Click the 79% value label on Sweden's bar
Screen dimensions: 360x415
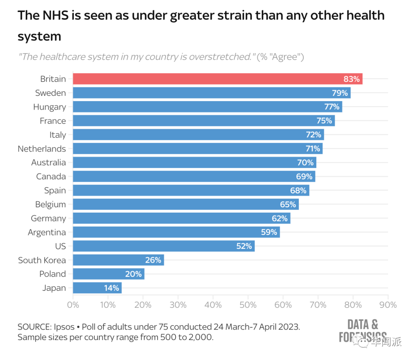tap(340, 93)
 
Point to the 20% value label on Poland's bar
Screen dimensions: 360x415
tap(133, 274)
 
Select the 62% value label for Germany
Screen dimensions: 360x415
tap(279, 218)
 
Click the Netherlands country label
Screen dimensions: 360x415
tap(42, 149)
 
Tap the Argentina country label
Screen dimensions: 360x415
tap(47, 232)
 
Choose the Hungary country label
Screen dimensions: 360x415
tap(50, 107)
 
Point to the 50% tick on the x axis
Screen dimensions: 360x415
tap(248, 305)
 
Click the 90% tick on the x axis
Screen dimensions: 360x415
tap(388, 305)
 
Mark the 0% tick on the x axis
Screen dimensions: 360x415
tap(73, 305)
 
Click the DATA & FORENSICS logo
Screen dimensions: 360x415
tap(362, 330)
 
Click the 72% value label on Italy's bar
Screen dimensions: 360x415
tap(314, 135)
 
